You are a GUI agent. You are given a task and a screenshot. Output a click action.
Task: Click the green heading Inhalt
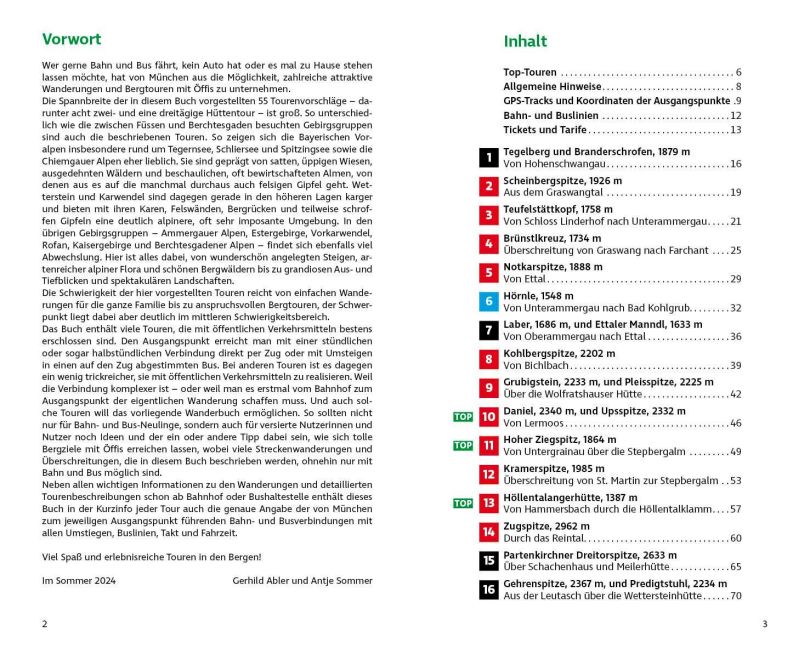525,41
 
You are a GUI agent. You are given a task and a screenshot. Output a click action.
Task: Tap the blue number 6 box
488,301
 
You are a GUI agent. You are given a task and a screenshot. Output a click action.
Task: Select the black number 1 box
488,157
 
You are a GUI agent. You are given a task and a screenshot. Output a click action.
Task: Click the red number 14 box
488,532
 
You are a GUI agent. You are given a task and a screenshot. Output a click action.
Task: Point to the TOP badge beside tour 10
463,416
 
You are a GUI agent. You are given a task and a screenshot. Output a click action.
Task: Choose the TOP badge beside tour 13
463,503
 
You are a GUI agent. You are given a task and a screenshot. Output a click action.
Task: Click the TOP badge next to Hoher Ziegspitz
463,445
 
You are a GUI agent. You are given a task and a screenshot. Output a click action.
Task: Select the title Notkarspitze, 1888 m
552,266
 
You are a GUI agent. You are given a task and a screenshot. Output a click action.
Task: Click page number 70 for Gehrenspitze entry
735,596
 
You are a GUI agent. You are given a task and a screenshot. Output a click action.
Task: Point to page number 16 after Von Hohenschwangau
735,164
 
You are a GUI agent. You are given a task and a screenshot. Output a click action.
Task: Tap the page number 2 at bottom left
44,625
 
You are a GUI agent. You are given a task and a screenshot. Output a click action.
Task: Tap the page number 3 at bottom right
765,625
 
